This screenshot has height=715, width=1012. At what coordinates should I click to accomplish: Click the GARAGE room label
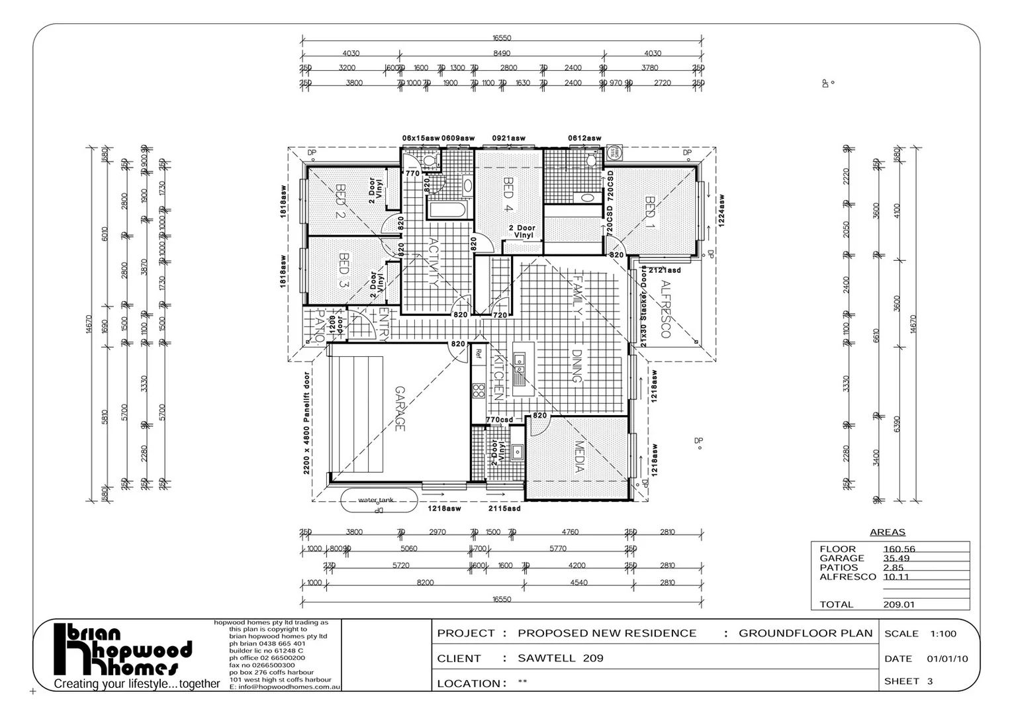pos(399,408)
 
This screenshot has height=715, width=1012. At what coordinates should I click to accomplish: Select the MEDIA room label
pos(579,457)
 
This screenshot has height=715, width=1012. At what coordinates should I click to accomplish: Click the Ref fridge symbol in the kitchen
pos(478,354)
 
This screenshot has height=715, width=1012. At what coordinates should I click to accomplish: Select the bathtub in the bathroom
pos(448,211)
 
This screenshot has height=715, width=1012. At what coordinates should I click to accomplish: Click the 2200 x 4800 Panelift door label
pos(307,423)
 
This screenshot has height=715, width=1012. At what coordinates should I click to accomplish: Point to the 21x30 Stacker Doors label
pos(643,306)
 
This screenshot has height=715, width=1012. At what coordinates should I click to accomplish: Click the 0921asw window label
pos(508,138)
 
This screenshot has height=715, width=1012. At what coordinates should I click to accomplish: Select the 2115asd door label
pos(504,509)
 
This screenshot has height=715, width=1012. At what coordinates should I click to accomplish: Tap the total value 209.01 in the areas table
pos(898,604)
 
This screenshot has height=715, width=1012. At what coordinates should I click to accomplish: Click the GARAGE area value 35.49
pos(896,558)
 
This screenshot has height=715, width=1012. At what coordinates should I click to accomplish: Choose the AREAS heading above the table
pos(887,532)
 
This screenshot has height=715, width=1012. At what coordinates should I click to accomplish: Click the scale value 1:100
pos(943,634)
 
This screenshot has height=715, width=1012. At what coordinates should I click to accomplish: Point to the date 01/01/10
pos(947,659)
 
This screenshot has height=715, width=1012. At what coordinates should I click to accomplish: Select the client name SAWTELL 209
pos(561,658)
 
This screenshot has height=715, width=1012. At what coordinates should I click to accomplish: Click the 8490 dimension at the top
pos(502,54)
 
